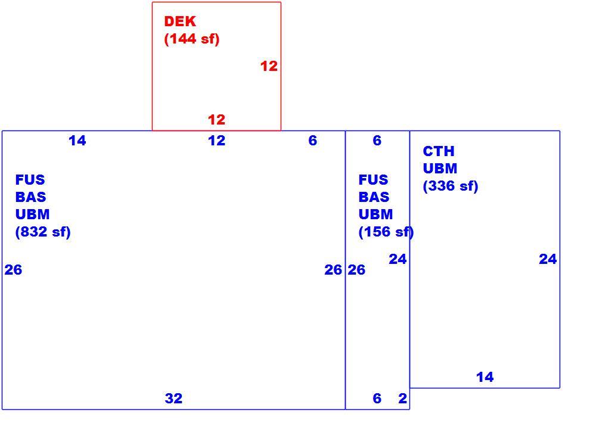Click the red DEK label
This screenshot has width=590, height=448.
coord(180,21)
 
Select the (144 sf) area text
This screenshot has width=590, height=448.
coord(192,39)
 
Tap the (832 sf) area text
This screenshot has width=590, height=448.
coord(43,232)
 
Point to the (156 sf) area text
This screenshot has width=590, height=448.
coord(386,232)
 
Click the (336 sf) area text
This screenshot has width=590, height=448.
coord(451,186)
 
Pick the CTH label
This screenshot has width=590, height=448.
coord(439,151)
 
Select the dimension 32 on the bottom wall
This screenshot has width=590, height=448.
coord(173,399)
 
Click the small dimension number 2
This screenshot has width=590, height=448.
coord(403,399)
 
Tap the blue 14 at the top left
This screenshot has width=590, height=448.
coord(77,141)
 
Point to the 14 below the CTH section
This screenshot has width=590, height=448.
coord(485,377)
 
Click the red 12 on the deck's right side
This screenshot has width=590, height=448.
coord(269,66)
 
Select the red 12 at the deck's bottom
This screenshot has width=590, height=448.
coord(217,120)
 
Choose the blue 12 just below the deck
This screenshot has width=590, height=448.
coord(217,141)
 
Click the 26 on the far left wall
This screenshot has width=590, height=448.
coord(13,270)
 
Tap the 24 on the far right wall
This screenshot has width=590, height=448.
coord(548,259)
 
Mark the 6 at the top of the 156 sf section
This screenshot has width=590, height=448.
coord(377,141)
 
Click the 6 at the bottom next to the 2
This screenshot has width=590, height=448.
coord(377,399)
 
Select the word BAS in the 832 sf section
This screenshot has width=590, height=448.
coord(30,197)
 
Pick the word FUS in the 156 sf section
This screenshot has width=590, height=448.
coord(373,180)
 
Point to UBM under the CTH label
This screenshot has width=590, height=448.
coord(440,169)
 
